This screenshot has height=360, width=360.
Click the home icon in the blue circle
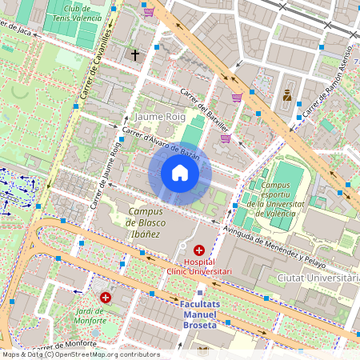[180, 173]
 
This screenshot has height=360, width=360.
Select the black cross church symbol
[135, 55]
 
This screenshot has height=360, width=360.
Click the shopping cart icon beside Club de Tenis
[149, 11]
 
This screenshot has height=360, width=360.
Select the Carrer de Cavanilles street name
[94, 63]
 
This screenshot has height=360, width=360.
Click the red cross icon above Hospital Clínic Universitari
[198, 250]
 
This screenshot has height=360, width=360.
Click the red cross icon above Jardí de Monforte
[105, 297]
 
